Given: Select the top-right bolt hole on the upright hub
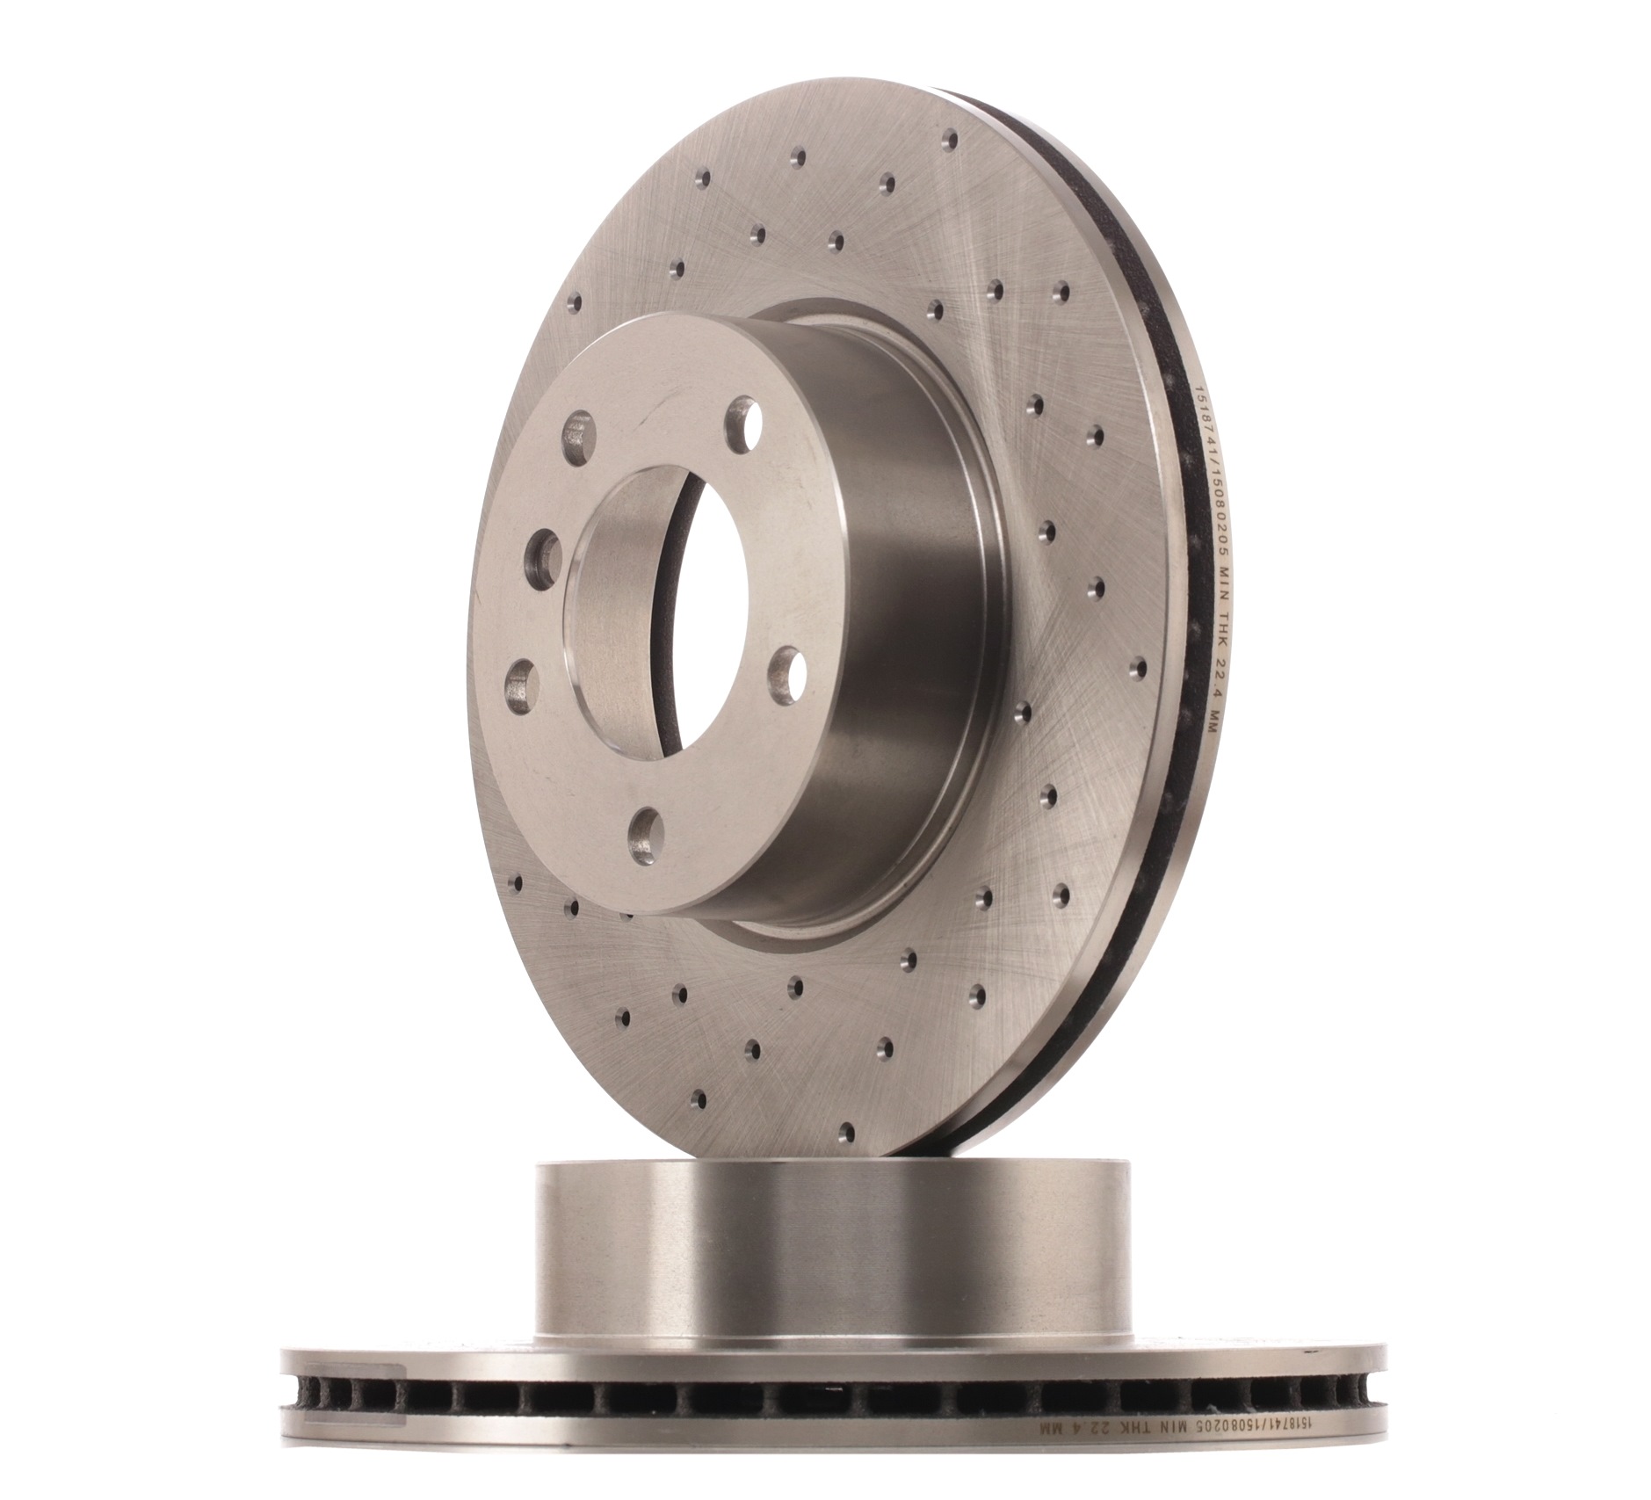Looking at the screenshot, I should tap(742, 424).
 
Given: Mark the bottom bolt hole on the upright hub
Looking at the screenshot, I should tap(648, 830).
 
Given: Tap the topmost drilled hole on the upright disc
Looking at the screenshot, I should tap(949, 139).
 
